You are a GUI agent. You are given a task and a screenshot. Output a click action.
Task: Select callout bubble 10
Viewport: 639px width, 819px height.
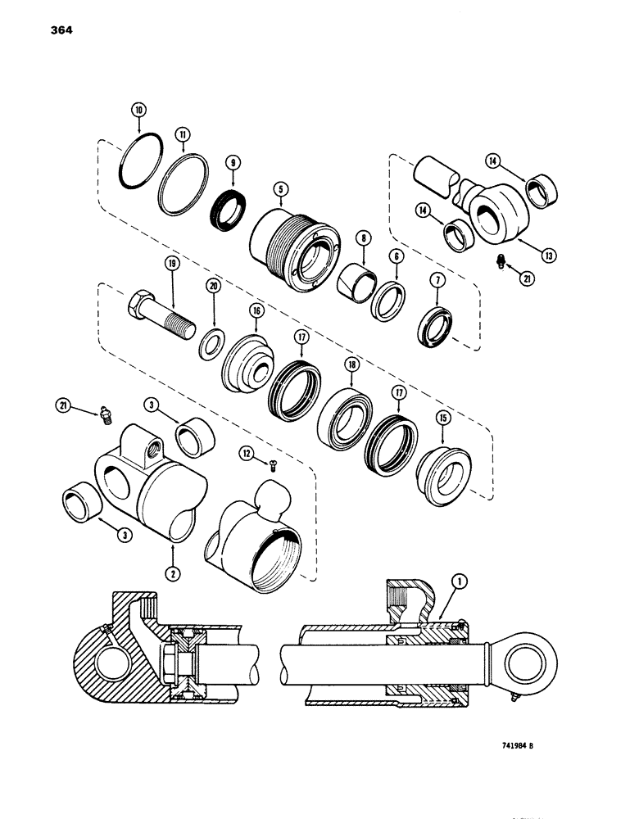[139, 111]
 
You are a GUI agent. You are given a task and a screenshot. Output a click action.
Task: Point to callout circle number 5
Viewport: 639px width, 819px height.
[281, 191]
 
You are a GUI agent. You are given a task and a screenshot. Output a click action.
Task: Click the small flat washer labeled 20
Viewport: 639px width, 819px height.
[215, 341]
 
